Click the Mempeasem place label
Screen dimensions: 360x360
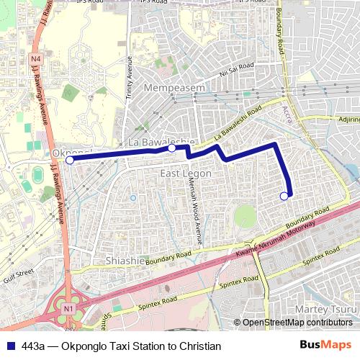pos(176,87)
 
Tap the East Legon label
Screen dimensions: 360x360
pos(185,174)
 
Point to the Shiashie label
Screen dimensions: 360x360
pos(127,260)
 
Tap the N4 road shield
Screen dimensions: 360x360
pos(37,58)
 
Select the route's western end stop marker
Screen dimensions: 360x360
pos(70,161)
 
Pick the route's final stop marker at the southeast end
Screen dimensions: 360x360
pos(284,195)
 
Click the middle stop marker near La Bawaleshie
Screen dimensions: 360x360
pos(172,148)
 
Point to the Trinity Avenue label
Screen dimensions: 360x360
pos(130,79)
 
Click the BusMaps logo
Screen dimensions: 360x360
pos(330,345)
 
